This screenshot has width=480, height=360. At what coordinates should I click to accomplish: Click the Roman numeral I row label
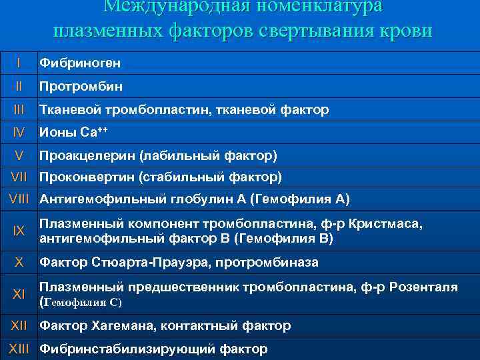[19, 63]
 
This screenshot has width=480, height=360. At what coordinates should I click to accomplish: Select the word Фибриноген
[80, 64]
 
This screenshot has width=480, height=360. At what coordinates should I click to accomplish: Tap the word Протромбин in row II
[81, 87]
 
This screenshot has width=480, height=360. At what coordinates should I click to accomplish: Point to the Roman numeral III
[19, 109]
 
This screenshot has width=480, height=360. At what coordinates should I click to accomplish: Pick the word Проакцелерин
[87, 156]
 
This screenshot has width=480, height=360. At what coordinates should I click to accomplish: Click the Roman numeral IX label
[19, 231]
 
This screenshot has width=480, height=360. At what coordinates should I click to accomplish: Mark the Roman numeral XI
[19, 294]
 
